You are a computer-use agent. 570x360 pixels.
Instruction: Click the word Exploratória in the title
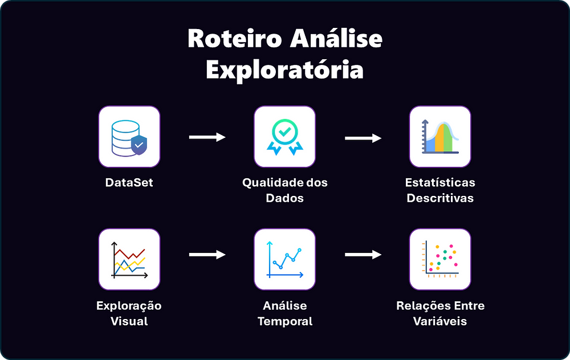(x=284, y=69)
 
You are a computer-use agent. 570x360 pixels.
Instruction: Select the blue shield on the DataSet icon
(x=139, y=146)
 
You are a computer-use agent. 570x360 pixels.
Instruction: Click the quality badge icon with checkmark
(x=284, y=137)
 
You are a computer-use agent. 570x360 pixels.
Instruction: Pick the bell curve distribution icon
(x=440, y=137)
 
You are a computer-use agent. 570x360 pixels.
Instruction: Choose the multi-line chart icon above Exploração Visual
(x=129, y=259)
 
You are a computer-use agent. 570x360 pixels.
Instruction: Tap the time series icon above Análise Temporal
(x=284, y=259)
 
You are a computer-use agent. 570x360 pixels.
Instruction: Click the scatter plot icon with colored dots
(x=440, y=259)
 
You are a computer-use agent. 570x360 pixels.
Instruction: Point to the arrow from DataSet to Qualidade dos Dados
(x=207, y=137)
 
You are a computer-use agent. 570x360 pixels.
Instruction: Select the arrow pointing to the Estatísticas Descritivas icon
(x=363, y=137)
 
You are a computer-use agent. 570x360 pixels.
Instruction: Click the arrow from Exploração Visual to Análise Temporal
(x=207, y=255)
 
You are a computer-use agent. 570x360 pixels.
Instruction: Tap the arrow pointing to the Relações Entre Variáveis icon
(x=363, y=255)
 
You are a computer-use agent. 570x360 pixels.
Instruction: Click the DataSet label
(x=129, y=183)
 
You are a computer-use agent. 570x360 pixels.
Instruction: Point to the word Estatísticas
(x=440, y=183)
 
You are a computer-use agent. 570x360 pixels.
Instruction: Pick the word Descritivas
(x=440, y=198)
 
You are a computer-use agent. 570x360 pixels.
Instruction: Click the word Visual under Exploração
(x=129, y=321)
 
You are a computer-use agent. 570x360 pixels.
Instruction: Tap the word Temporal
(x=284, y=321)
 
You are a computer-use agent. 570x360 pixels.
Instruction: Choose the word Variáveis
(x=440, y=321)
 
